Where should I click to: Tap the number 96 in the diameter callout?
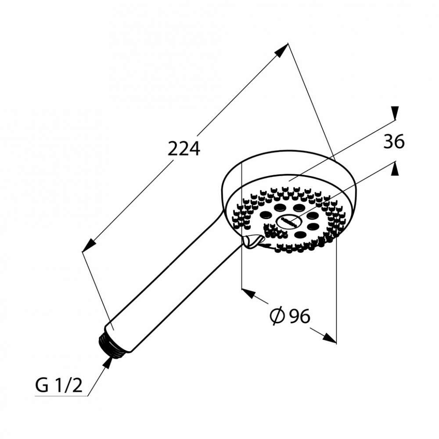(300, 317)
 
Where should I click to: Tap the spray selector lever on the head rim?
(253, 241)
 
